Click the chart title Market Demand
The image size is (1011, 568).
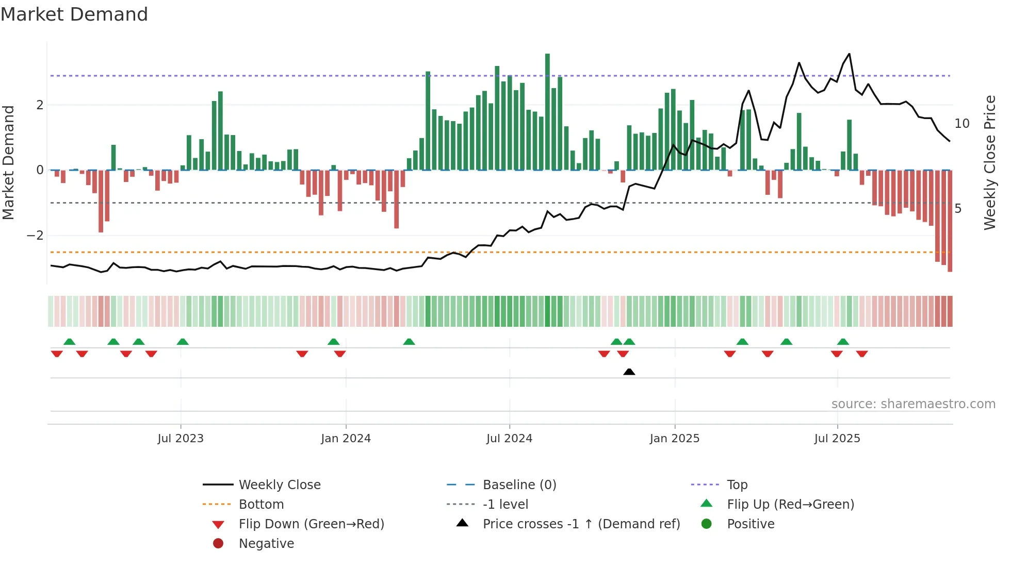pyautogui.click(x=74, y=14)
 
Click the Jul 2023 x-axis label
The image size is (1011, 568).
pyautogui.click(x=181, y=439)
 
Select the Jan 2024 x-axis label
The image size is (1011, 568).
pyautogui.click(x=346, y=439)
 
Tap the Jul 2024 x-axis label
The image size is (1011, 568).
pyautogui.click(x=509, y=439)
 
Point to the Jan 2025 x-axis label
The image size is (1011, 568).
pyautogui.click(x=674, y=439)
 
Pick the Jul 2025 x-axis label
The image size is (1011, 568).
pyautogui.click(x=837, y=439)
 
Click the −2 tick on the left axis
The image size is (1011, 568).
pyautogui.click(x=35, y=236)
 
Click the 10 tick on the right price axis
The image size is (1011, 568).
pyautogui.click(x=961, y=124)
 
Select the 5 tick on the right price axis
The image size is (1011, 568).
pyautogui.click(x=958, y=209)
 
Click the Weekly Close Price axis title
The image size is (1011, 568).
pyautogui.click(x=989, y=162)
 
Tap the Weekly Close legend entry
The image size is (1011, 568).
pyautogui.click(x=279, y=485)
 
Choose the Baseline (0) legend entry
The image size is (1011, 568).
pyautogui.click(x=519, y=485)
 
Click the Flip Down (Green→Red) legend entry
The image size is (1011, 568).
pyautogui.click(x=311, y=524)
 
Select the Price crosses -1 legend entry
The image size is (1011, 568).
pyautogui.click(x=581, y=524)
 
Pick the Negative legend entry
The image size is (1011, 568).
pyautogui.click(x=266, y=544)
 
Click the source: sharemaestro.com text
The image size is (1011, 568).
pyautogui.click(x=913, y=404)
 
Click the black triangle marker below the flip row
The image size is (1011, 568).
pyautogui.click(x=629, y=372)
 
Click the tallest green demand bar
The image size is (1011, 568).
pyautogui.click(x=547, y=111)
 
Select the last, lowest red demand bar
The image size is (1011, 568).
pyautogui.click(x=950, y=222)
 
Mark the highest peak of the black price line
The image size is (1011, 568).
pyautogui.click(x=849, y=54)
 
